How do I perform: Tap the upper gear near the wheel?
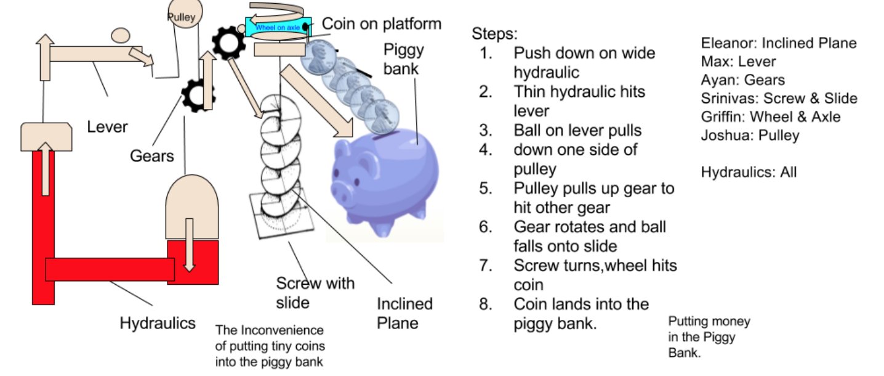coord(229,41)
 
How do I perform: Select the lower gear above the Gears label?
coord(198,94)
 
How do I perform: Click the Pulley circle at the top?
coord(181,17)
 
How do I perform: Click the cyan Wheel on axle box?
coord(278,26)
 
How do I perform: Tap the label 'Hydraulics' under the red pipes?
coord(158,322)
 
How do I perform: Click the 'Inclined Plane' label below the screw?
coord(404,313)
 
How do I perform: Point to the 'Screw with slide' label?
coord(315,292)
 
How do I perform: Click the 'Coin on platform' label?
coord(382,24)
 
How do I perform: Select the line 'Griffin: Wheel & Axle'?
coord(771,116)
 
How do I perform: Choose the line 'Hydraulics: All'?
coord(749,172)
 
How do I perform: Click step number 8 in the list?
coord(486,304)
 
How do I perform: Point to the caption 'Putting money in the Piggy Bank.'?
coord(708,337)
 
